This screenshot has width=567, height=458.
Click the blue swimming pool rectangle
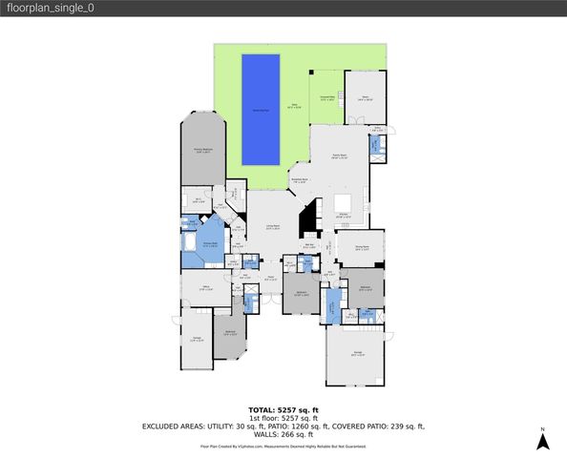click(x=261, y=109)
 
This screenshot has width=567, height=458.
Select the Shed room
click(x=365, y=95)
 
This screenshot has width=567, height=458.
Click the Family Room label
click(x=338, y=156)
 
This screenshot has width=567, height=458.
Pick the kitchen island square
click(x=342, y=202)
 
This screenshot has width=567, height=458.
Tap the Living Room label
click(x=272, y=228)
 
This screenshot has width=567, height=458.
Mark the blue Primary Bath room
click(x=207, y=245)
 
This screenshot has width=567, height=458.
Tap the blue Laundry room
click(x=332, y=306)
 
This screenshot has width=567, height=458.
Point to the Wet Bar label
click(x=309, y=245)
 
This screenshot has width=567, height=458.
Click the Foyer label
click(x=271, y=279)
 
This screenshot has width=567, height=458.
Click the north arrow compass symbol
click(x=542, y=440)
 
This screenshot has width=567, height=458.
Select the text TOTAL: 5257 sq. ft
click(x=283, y=409)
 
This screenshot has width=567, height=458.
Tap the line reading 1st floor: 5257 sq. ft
click(x=283, y=418)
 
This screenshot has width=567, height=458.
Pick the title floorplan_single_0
click(x=50, y=8)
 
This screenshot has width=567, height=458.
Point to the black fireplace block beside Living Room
click(x=309, y=221)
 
